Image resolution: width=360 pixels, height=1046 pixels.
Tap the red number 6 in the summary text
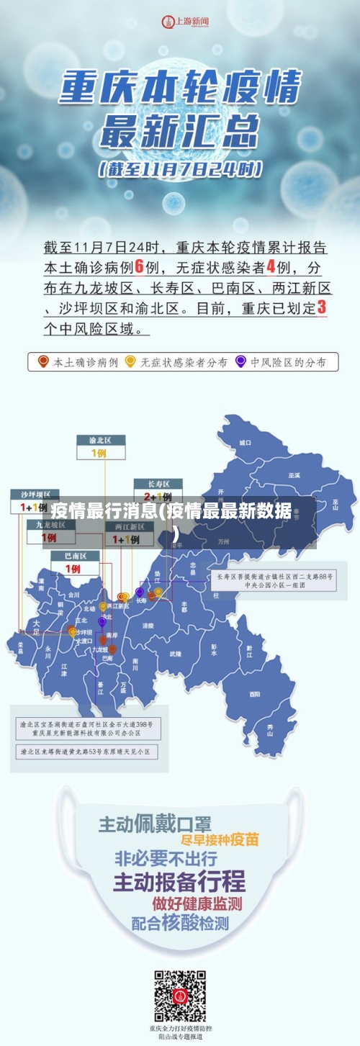[x=140, y=266]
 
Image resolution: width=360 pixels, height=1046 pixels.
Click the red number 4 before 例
[x=271, y=266]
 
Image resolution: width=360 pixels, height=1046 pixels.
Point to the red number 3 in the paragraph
[x=322, y=307]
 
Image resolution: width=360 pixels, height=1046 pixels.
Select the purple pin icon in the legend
[x=240, y=361]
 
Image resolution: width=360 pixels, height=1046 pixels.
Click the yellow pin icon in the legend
[x=130, y=361]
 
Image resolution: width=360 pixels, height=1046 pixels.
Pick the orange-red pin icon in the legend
[x=43, y=361]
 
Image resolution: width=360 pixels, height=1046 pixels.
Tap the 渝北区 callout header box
[x=101, y=439]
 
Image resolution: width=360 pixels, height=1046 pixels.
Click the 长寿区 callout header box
[x=158, y=483]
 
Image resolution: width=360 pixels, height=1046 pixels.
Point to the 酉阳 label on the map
[x=255, y=694]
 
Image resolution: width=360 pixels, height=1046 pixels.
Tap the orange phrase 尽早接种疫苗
[x=220, y=840]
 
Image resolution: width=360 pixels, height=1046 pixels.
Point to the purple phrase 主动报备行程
[x=179, y=880]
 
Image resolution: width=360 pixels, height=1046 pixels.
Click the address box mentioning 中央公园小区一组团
[x=275, y=580]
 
